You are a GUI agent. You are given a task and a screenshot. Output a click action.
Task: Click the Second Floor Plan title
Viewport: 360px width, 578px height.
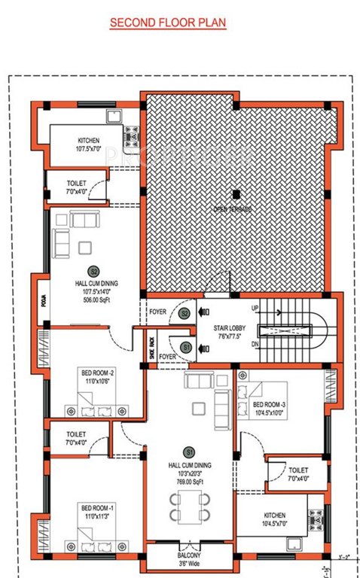(168, 23)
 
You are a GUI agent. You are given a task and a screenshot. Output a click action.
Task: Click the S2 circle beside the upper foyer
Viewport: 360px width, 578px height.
(184, 314)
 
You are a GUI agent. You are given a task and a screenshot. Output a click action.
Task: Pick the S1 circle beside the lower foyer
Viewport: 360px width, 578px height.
(184, 347)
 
